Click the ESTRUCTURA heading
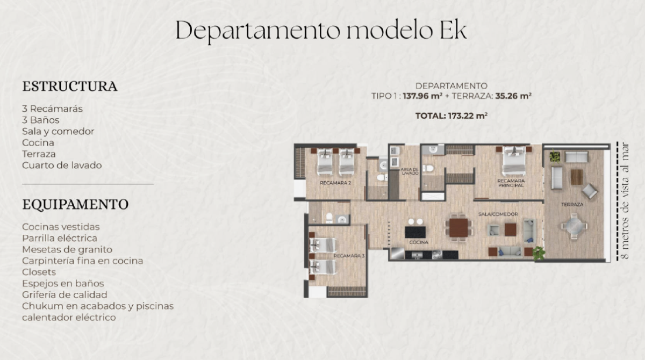pyautogui.click(x=70, y=87)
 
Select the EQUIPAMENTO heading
pyautogui.click(x=75, y=204)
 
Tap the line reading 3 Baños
pyautogui.click(x=41, y=120)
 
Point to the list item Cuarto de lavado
pyautogui.click(x=62, y=165)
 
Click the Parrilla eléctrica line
pyautogui.click(x=60, y=238)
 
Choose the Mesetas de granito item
pyautogui.click(x=67, y=249)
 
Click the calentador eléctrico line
pyautogui.click(x=69, y=318)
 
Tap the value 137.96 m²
pyautogui.click(x=422, y=96)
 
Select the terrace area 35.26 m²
pyautogui.click(x=513, y=96)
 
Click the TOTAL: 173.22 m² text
pyautogui.click(x=451, y=116)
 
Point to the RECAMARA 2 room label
pyautogui.click(x=335, y=183)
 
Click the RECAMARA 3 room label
pyautogui.click(x=349, y=256)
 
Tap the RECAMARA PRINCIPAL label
pyautogui.click(x=511, y=183)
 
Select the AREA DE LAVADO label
pyautogui.click(x=410, y=171)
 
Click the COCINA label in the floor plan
pyautogui.click(x=419, y=242)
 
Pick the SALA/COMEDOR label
pyautogui.click(x=498, y=214)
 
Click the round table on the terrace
pyautogui.click(x=574, y=226)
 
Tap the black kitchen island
pyautogui.click(x=415, y=232)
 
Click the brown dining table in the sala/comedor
pyautogui.click(x=458, y=228)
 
